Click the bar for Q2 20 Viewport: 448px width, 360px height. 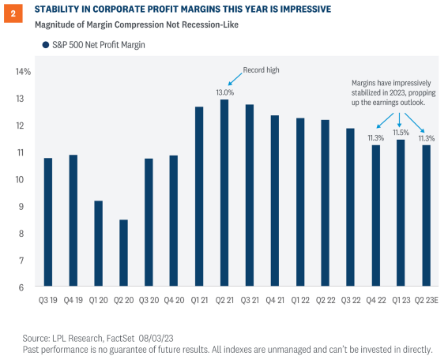[x=123, y=253]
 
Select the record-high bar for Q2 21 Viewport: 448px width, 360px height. [x=224, y=193]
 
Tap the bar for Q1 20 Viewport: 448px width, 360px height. [x=98, y=244]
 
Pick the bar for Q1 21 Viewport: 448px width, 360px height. [x=199, y=197]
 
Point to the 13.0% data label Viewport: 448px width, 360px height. [x=225, y=92]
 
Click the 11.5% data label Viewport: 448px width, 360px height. [x=401, y=133]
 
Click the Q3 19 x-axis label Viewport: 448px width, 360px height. [x=47, y=300]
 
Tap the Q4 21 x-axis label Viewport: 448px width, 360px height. [x=275, y=300]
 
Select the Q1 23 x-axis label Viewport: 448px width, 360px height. [x=401, y=300]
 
